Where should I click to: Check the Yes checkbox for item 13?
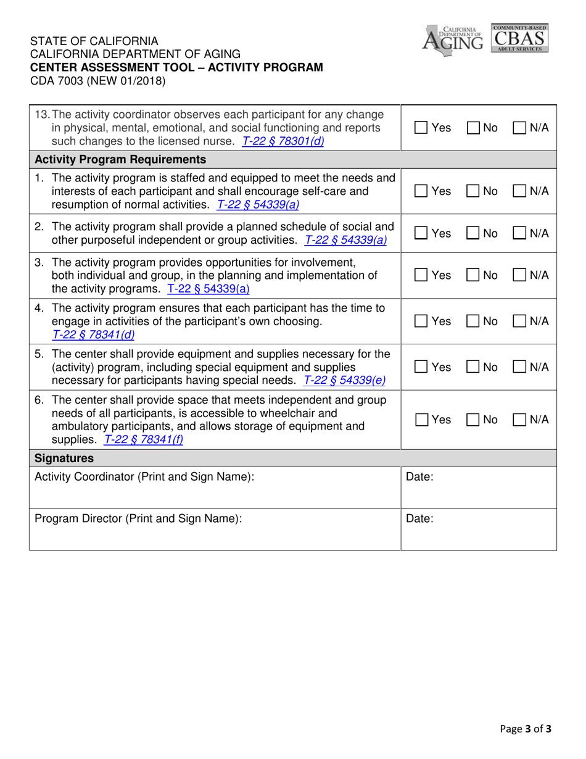pyautogui.click(x=419, y=128)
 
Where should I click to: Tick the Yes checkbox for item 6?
pyautogui.click(x=419, y=420)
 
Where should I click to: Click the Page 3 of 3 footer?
pyautogui.click(x=526, y=728)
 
